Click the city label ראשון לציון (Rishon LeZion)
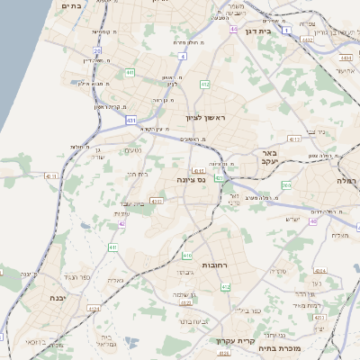[208, 118]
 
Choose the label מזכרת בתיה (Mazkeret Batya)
[278, 347]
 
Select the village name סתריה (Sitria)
[276, 270]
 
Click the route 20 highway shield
[96, 50]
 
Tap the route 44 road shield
[233, 30]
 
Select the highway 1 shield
[287, 30]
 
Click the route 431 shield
[131, 119]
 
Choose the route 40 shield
[313, 220]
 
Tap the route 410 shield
[187, 256]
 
